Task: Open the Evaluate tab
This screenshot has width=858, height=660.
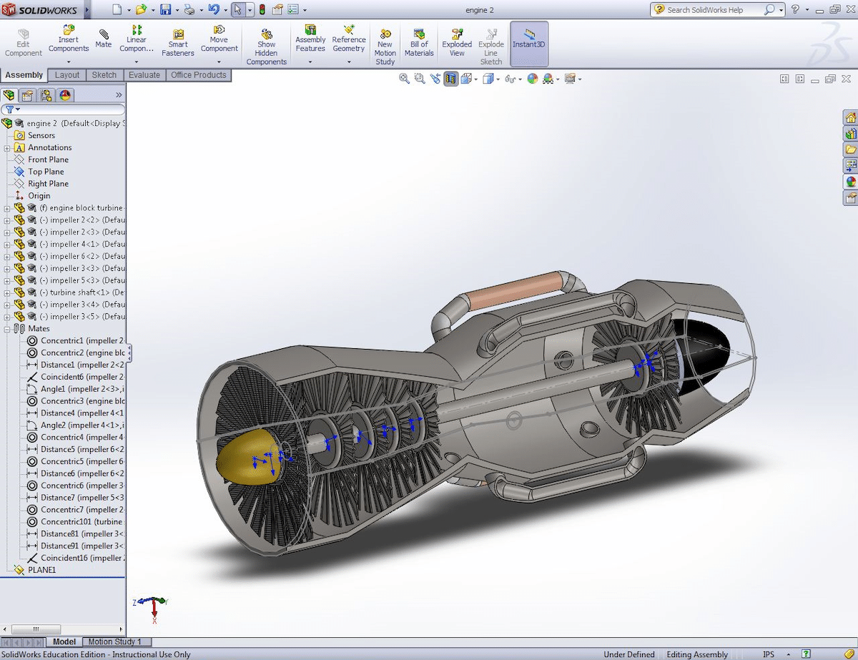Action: coord(144,75)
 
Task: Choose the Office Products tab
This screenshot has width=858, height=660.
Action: coord(198,75)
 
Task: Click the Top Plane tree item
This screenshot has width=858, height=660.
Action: coord(46,172)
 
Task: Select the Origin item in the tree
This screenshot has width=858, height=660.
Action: coord(39,196)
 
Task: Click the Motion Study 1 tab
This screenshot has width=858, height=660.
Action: coord(114,641)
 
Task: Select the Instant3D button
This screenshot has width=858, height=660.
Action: coord(529,43)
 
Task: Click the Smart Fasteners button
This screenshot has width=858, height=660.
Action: coord(178,43)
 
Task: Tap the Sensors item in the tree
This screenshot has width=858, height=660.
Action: coord(41,135)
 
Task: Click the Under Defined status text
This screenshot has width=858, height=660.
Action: coord(628,654)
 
